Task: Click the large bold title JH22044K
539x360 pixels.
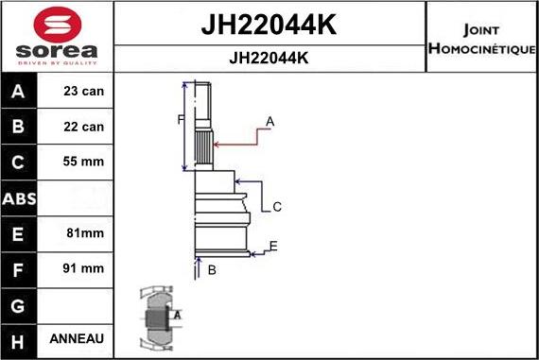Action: [x=269, y=25]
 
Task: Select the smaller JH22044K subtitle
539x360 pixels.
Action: [x=269, y=58]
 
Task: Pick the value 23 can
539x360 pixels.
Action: [x=84, y=92]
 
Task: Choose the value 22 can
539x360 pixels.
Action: [x=84, y=127]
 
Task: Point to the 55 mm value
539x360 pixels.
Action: [x=84, y=162]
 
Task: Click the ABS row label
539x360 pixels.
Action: [x=20, y=197]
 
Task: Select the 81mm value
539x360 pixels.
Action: [x=84, y=232]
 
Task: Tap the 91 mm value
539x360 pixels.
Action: [x=84, y=268]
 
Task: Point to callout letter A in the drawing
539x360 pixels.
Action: [x=270, y=121]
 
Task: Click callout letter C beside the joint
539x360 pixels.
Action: [x=277, y=207]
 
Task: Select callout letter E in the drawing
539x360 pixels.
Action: [x=273, y=248]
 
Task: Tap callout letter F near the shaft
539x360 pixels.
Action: [x=180, y=119]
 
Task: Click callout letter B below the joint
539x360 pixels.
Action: [x=212, y=270]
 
